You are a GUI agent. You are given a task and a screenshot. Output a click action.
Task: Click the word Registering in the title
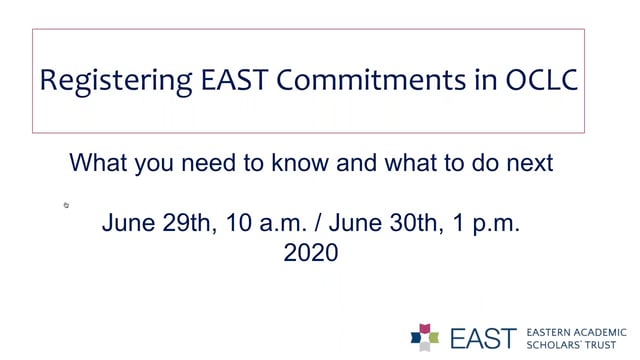pyautogui.click(x=110, y=80)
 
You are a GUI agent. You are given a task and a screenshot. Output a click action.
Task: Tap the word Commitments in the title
pyautogui.click(x=365, y=80)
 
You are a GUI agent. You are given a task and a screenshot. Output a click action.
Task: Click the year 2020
pyautogui.click(x=311, y=253)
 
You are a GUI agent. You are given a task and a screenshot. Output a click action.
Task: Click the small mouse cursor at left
pyautogui.click(x=66, y=205)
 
